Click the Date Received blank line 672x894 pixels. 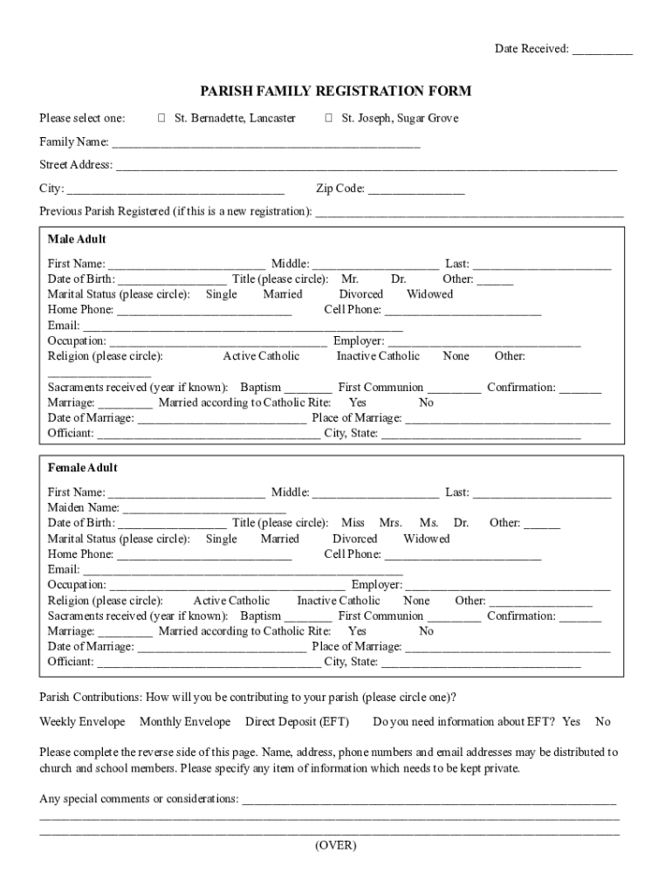(602, 51)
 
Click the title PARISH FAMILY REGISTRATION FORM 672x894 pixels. (336, 91)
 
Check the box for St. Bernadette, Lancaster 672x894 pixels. (161, 118)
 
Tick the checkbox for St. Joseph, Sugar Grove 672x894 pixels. (328, 118)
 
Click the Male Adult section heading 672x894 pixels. (77, 239)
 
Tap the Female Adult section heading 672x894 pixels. (82, 468)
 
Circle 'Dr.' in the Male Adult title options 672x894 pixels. (398, 279)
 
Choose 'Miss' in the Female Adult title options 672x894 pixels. (353, 523)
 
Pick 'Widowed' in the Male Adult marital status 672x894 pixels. (429, 294)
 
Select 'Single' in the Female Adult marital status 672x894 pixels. (221, 539)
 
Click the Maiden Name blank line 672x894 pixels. (205, 509)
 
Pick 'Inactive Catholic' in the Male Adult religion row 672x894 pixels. (378, 356)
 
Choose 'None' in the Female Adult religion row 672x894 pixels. (416, 601)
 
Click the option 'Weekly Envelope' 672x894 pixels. (82, 722)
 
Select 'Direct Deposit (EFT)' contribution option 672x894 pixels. (297, 722)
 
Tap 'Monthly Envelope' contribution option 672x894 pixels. (185, 722)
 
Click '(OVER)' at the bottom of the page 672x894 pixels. (336, 845)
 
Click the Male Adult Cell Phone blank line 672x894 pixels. (463, 311)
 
